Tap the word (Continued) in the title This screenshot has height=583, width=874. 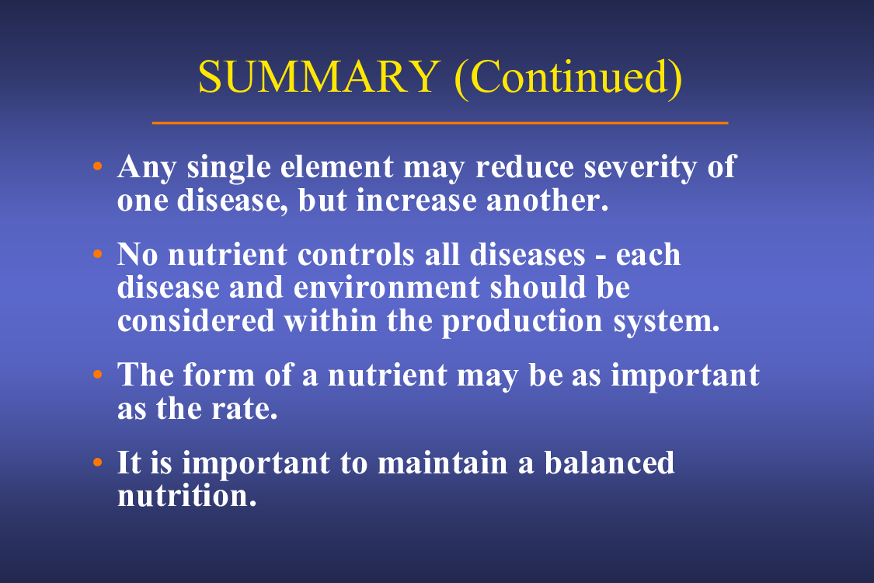[x=569, y=78]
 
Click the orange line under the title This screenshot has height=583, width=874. [x=440, y=123]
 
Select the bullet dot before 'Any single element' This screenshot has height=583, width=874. [x=98, y=166]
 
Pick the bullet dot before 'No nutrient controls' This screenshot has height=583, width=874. [x=98, y=254]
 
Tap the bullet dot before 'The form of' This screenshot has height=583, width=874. [x=98, y=374]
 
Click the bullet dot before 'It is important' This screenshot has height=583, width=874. [x=98, y=462]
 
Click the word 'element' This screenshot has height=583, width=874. [x=336, y=166]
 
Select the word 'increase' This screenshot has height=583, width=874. [x=416, y=201]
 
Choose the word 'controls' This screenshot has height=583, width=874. [x=356, y=254]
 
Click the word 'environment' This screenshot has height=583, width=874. [x=386, y=288]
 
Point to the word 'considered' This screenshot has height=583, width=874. [x=196, y=321]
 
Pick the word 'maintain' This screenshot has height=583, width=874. [x=442, y=463]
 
